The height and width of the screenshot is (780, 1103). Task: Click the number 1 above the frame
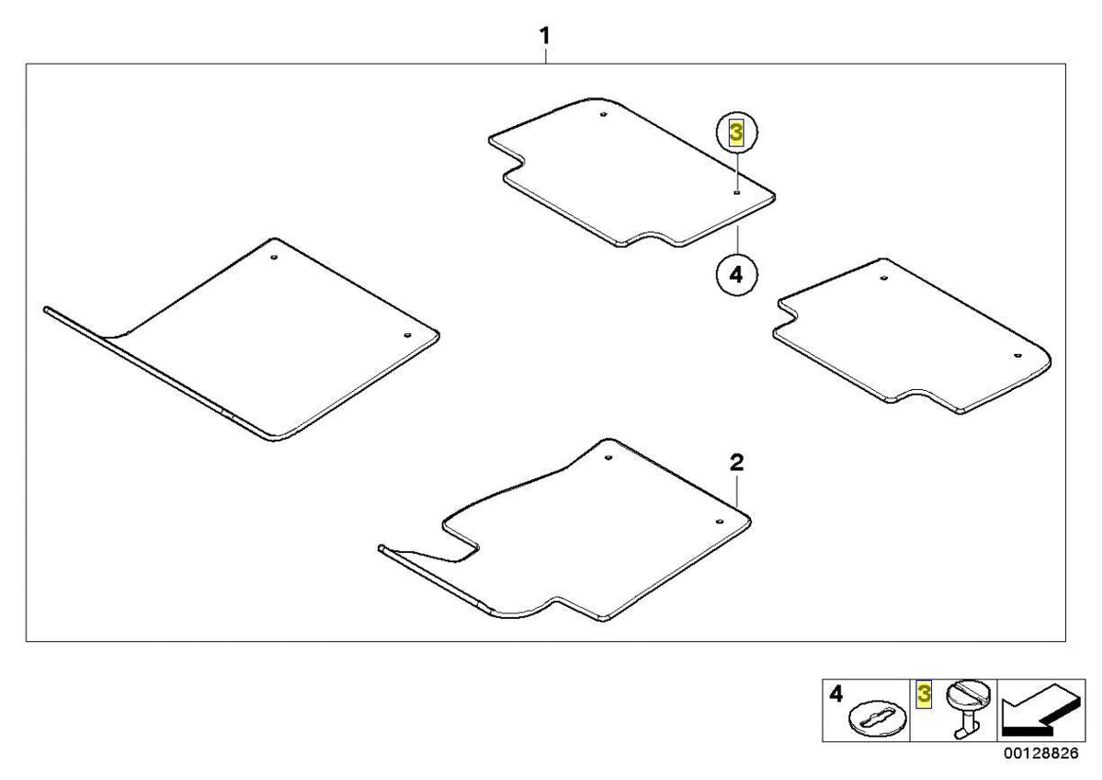544,36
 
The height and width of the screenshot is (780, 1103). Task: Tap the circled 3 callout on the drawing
736,133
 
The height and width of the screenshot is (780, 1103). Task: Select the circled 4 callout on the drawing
736,274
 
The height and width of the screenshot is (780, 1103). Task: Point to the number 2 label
736,462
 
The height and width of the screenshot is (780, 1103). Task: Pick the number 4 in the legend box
836,694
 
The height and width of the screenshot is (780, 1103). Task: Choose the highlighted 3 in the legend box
924,694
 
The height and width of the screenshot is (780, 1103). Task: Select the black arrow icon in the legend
1040,709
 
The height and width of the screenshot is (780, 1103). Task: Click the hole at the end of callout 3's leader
736,192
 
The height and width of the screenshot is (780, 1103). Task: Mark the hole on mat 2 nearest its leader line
719,522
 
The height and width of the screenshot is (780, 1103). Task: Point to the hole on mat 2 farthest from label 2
608,458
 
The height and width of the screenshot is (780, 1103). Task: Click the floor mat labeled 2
566,533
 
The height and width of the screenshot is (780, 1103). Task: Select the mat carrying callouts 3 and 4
631,172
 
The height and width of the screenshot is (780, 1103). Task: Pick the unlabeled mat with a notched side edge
911,335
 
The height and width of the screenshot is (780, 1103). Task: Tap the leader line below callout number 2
736,490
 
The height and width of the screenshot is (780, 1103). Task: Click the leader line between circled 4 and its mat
737,240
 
